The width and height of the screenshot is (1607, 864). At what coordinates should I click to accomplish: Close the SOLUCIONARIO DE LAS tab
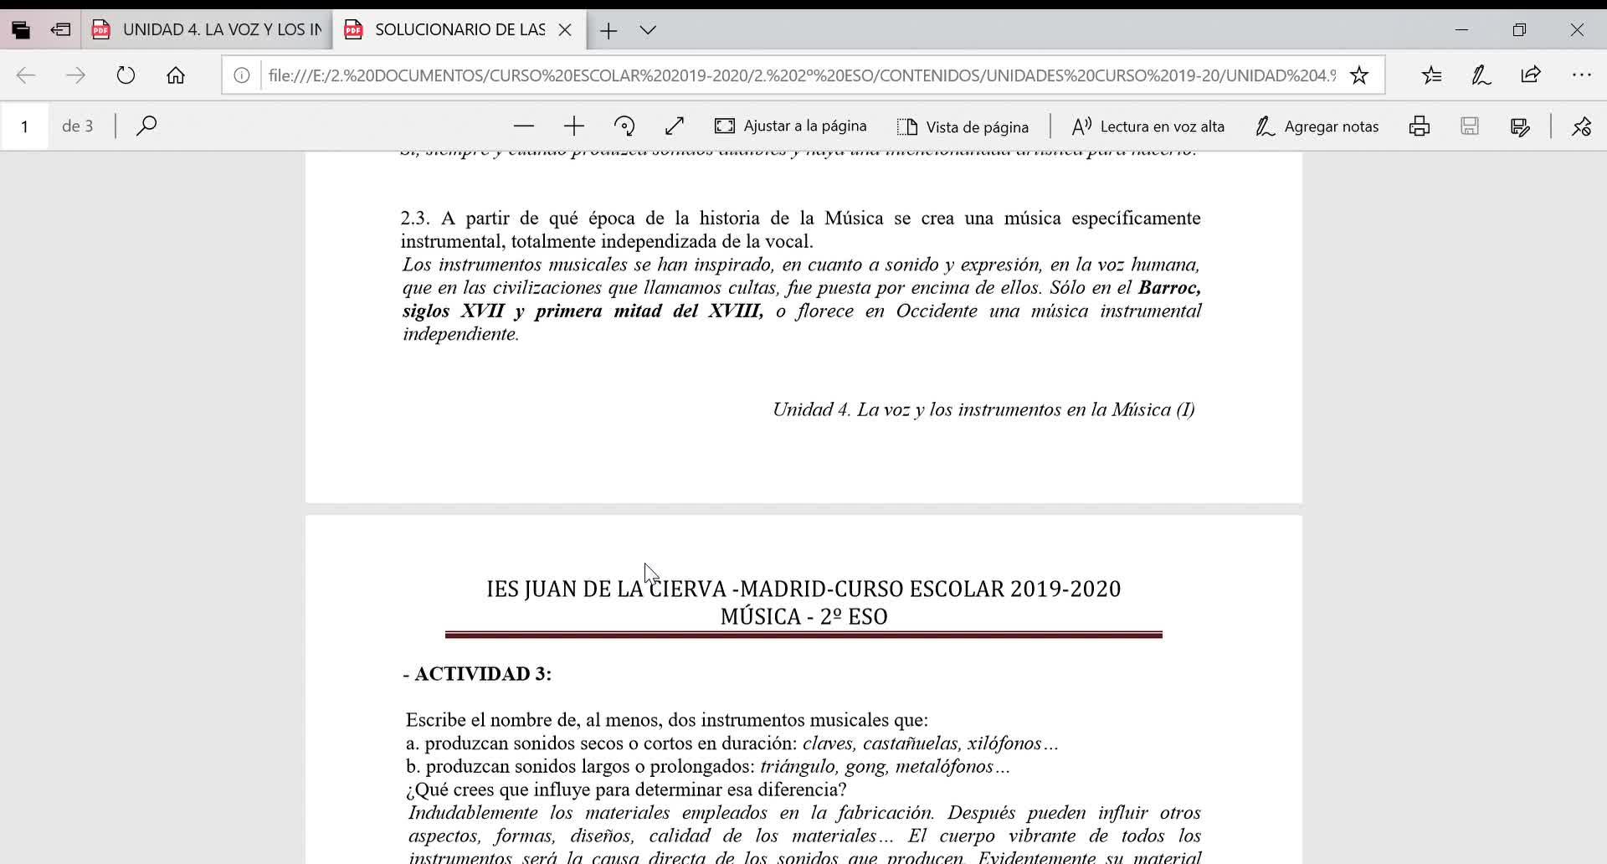point(565,30)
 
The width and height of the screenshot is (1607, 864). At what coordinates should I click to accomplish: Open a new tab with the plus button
point(608,31)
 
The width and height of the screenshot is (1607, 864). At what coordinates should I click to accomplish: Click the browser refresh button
point(126,75)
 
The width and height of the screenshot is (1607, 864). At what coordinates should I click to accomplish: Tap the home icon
point(176,75)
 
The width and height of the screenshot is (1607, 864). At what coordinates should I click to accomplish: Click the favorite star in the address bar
point(1359,75)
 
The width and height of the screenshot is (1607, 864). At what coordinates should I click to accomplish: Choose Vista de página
point(963,126)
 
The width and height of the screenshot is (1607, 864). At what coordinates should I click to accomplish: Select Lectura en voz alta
point(1147,126)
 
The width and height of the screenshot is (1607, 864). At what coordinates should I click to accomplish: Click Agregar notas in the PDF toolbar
point(1317,126)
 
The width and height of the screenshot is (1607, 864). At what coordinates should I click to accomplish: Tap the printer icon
point(1420,126)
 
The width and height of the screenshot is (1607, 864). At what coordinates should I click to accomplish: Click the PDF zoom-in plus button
point(574,126)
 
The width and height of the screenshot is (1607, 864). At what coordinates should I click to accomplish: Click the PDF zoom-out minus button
point(524,126)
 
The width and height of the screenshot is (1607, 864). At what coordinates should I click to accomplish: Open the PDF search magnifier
point(146,126)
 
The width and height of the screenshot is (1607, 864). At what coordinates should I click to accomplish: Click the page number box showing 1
point(25,126)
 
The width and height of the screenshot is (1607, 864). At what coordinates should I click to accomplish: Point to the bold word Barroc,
point(1169,288)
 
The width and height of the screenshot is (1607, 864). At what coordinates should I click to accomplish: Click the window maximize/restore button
point(1519,30)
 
